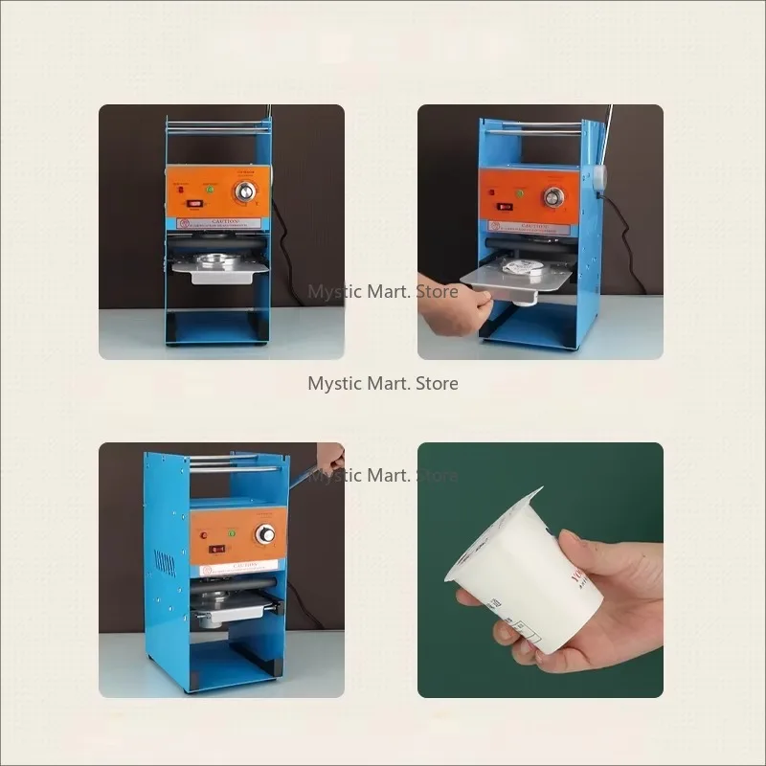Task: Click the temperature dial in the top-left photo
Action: [x=248, y=191]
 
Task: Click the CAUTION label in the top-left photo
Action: [x=218, y=223]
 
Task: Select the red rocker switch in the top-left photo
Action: [x=192, y=202]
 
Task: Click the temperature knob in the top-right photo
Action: [x=553, y=197]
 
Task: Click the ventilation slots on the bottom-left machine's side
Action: [x=165, y=562]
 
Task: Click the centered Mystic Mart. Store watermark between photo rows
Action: [x=383, y=383]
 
